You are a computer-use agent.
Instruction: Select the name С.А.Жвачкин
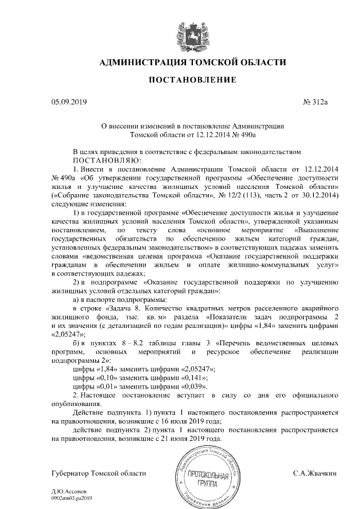pos(316,474)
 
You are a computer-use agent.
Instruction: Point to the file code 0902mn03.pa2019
pos(71,498)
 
